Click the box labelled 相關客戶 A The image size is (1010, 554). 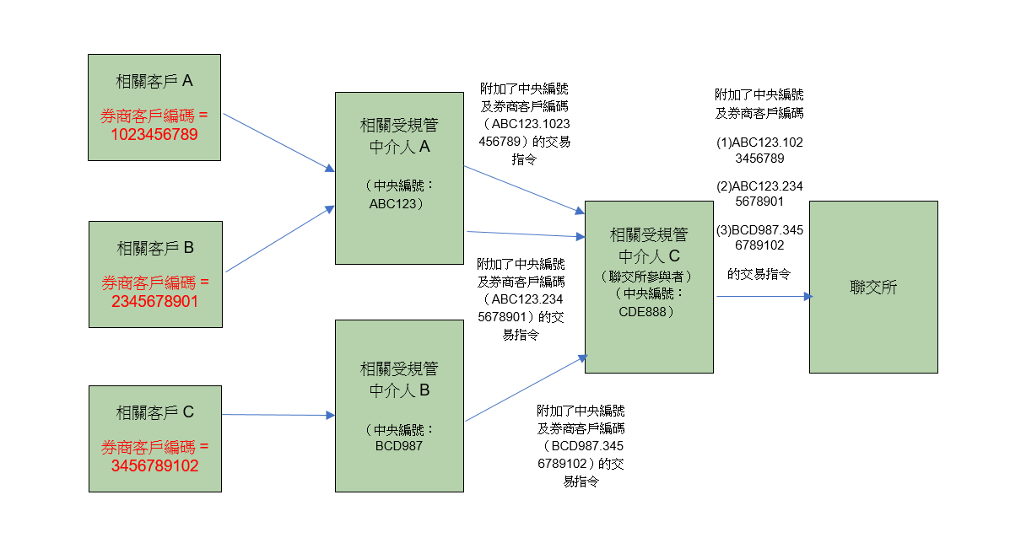click(x=154, y=107)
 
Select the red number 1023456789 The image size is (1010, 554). click(x=154, y=133)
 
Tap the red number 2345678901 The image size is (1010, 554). click(x=154, y=300)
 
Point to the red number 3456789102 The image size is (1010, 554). click(x=154, y=465)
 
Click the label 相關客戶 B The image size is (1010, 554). click(x=155, y=248)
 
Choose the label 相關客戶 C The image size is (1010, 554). click(x=155, y=412)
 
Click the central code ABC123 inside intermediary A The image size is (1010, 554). click(x=398, y=203)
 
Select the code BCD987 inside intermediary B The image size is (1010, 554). click(x=398, y=445)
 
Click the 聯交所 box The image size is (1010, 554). click(x=873, y=287)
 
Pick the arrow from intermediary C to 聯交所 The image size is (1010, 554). click(x=764, y=296)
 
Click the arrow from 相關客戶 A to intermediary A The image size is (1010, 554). click(x=278, y=143)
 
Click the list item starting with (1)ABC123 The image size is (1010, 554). click(x=759, y=150)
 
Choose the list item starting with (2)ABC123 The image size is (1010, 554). click(x=759, y=194)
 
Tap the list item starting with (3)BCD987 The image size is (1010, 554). click(x=759, y=238)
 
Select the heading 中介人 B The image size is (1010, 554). click(x=398, y=390)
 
